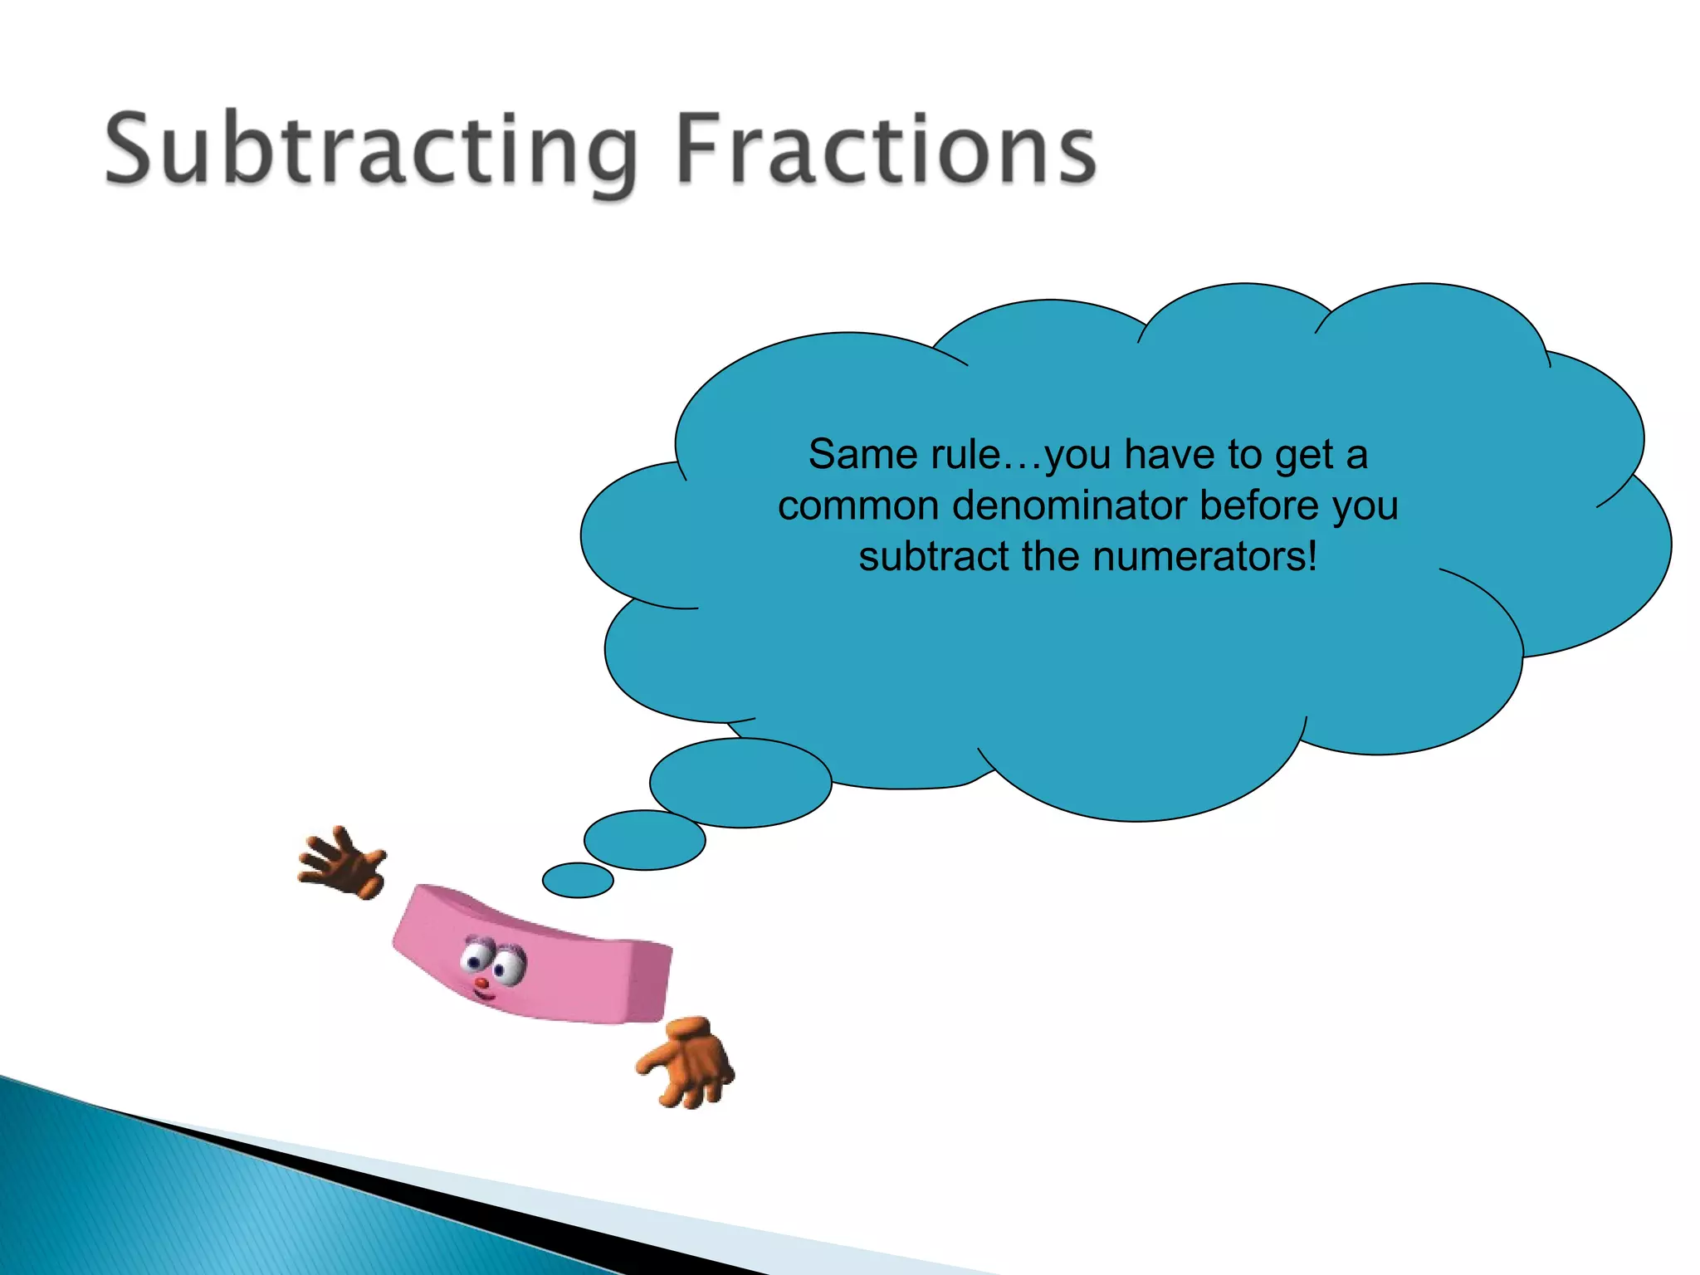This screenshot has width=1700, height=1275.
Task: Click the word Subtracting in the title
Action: pyautogui.click(x=370, y=149)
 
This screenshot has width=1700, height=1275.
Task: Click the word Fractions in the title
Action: pyautogui.click(x=887, y=149)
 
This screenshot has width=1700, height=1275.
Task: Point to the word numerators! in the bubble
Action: pyautogui.click(x=1204, y=556)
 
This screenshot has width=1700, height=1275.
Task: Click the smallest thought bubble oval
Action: pyautogui.click(x=578, y=880)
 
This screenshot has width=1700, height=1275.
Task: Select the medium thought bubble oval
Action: pyautogui.click(x=645, y=840)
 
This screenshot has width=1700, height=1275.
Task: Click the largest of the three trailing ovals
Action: pyautogui.click(x=740, y=783)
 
